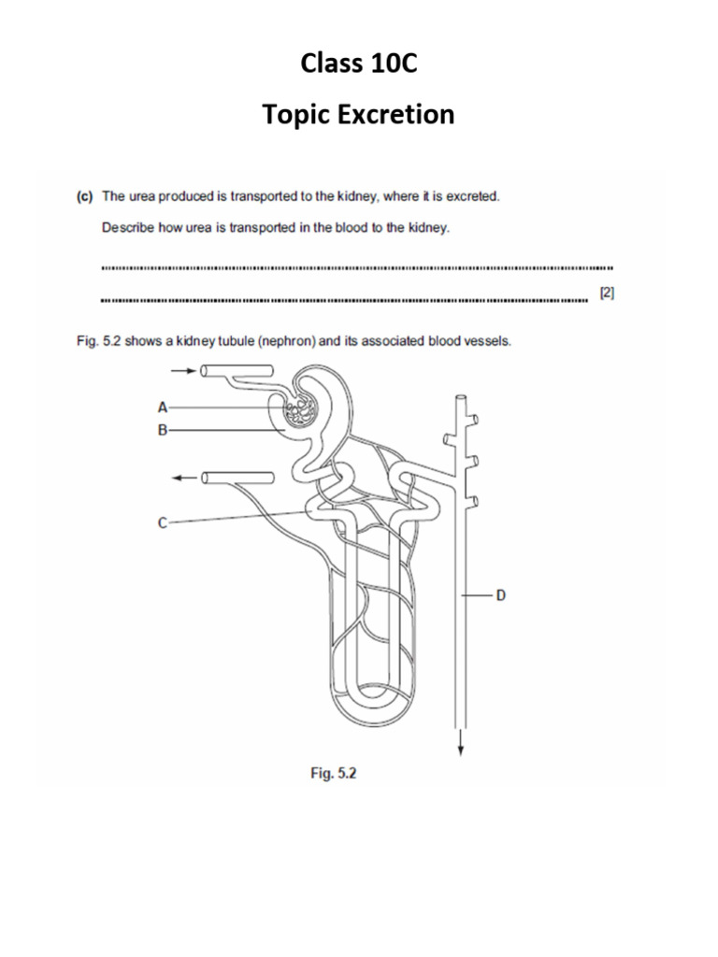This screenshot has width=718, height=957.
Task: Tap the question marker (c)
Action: point(84,196)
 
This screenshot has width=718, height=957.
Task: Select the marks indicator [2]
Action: point(607,293)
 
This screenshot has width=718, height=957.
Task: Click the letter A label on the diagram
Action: point(163,407)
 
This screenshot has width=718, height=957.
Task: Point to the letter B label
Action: point(163,431)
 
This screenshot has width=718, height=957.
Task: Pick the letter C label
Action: point(163,523)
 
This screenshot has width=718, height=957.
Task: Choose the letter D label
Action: point(500,594)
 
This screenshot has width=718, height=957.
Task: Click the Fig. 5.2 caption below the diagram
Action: point(334,774)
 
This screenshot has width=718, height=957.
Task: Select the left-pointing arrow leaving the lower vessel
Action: point(185,478)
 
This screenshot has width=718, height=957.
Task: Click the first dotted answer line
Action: point(355,268)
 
